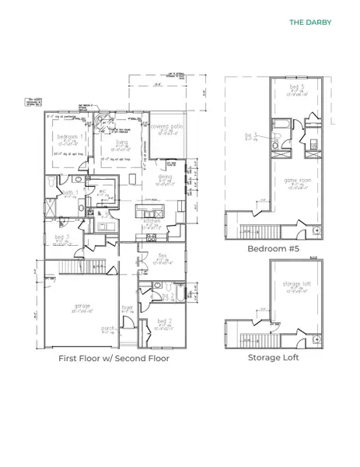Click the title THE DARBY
pyautogui.click(x=310, y=23)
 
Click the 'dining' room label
pyautogui.click(x=166, y=177)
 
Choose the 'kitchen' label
pyautogui.click(x=152, y=221)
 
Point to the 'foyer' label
pyautogui.click(x=127, y=307)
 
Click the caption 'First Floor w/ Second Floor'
pyautogui.click(x=114, y=359)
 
